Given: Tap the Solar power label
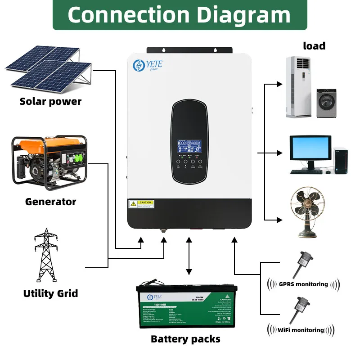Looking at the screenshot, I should [50, 101].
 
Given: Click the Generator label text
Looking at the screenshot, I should [50, 201].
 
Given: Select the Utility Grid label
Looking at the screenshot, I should [50, 293].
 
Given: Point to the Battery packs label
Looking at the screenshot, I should [185, 339].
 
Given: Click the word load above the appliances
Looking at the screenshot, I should [314, 45].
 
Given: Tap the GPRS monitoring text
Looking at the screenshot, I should [303, 284].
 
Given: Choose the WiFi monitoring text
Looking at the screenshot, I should [301, 330].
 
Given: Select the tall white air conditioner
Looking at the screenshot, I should [298, 86].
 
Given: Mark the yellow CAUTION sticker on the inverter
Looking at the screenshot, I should [141, 204].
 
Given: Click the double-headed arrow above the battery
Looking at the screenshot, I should [189, 256].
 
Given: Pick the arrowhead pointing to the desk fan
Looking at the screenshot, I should [279, 220].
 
